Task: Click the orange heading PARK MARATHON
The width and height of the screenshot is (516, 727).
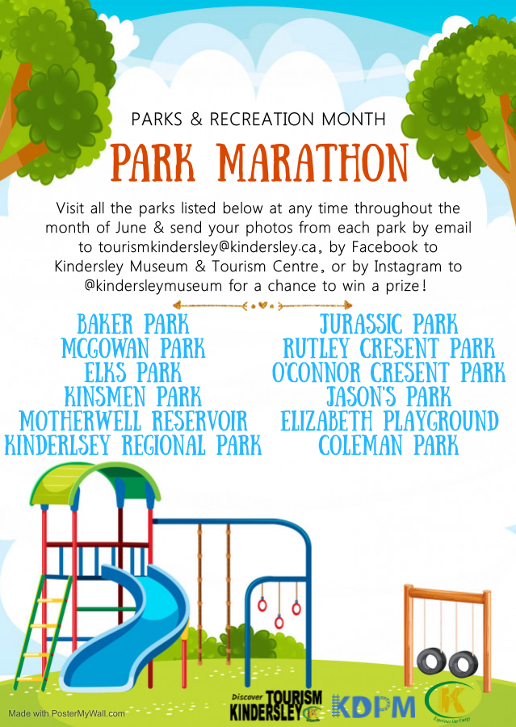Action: [259, 162]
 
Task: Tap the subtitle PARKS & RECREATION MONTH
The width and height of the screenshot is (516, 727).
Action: [258, 120]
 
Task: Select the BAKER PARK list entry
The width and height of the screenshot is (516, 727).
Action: [133, 324]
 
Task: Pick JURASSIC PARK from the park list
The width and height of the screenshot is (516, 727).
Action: [388, 324]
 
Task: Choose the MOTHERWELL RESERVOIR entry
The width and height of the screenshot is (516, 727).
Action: [133, 421]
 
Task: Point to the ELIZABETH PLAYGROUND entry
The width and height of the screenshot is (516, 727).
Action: [389, 421]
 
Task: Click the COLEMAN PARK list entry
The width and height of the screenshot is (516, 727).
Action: [388, 445]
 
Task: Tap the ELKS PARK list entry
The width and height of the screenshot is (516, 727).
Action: [133, 372]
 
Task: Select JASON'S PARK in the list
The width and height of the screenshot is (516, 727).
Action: [388, 397]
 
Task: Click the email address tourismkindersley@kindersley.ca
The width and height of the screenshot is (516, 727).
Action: [208, 247]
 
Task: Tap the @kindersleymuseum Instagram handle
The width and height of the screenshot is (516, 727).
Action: [153, 286]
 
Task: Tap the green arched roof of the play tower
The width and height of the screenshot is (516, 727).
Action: [95, 485]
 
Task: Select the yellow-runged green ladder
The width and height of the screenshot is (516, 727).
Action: [41, 631]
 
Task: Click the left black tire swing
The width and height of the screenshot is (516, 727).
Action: [431, 662]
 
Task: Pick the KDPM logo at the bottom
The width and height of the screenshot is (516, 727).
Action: [374, 706]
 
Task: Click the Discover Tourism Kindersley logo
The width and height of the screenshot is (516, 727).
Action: [276, 705]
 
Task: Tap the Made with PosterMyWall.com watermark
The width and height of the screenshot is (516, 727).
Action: [67, 713]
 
